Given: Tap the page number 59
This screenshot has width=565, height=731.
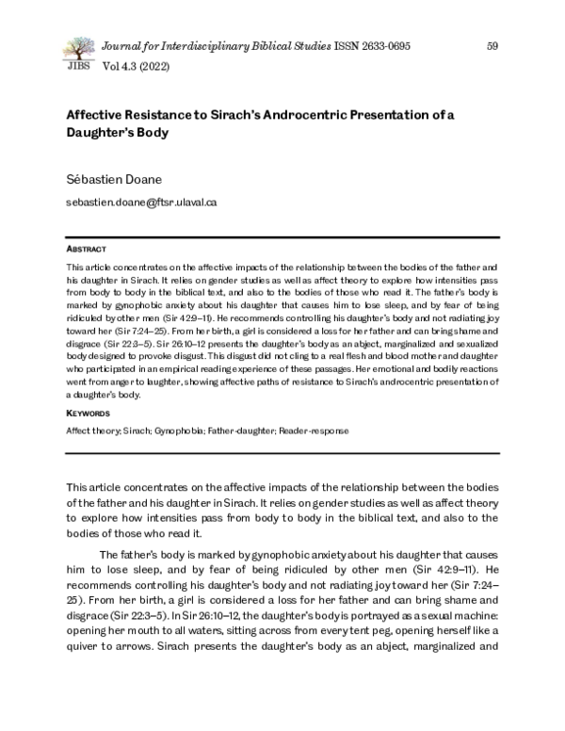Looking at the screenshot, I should tap(492, 46).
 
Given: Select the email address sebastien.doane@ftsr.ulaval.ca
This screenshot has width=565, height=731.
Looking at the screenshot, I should tap(141, 202).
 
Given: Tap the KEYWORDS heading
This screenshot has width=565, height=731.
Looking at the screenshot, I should tap(87, 414).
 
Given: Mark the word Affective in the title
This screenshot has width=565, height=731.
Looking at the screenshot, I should tap(94, 116).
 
